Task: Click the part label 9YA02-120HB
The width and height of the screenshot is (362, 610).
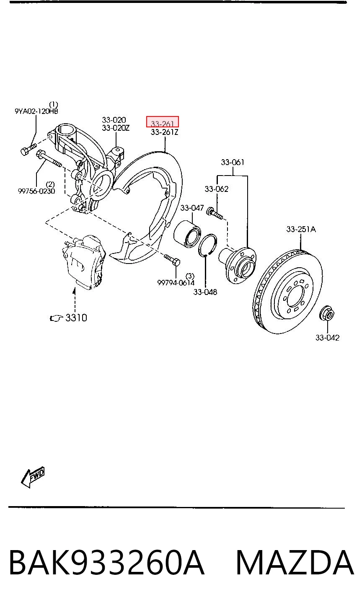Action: tap(36, 111)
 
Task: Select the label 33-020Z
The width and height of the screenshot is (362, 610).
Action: tap(116, 128)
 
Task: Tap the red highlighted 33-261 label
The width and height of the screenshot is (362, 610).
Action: tap(162, 122)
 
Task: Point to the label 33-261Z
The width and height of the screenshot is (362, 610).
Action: tap(165, 132)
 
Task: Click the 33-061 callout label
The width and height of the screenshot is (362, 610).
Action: tap(233, 162)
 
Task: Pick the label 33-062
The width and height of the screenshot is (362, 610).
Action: tap(217, 189)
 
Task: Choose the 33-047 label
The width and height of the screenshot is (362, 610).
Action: tap(192, 208)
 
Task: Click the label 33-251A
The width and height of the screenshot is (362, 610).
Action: tap(301, 229)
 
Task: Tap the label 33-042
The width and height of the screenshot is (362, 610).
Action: tap(327, 338)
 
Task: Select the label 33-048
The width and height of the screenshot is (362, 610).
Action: tap(205, 292)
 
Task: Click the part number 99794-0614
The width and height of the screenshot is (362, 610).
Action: tap(176, 283)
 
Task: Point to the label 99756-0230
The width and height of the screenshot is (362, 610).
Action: tap(36, 191)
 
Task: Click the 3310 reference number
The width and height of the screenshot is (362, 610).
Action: tap(76, 318)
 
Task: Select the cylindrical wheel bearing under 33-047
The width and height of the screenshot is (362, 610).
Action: tap(187, 234)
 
